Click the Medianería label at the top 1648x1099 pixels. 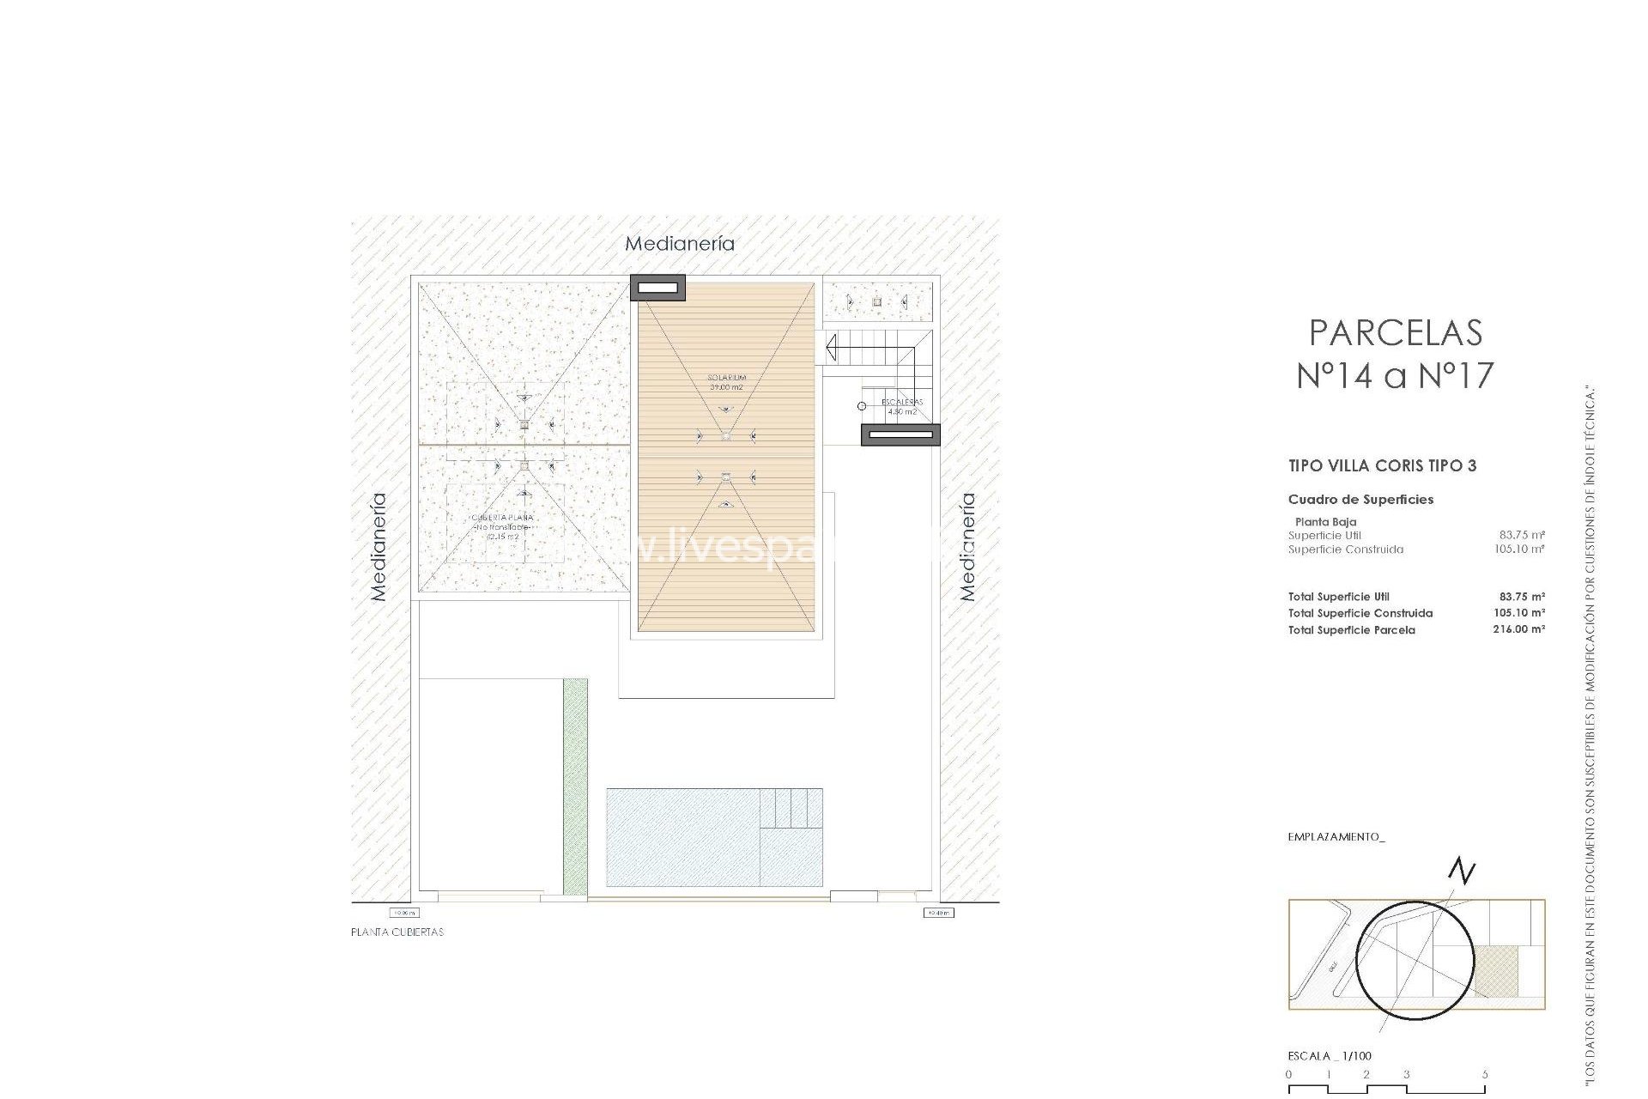679,244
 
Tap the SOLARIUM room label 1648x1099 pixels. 726,378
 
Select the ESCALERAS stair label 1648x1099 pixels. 901,402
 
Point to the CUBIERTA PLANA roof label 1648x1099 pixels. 502,518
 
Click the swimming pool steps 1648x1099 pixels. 791,808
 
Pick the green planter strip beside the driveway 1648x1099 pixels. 575,786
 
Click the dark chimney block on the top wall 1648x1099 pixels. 657,288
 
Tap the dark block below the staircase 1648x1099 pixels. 900,435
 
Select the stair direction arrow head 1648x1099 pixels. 830,348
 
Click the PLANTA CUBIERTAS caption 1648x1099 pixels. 397,932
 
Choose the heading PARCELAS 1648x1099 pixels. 1395,333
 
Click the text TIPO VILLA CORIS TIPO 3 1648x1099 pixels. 1382,466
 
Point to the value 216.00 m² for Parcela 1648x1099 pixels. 1518,629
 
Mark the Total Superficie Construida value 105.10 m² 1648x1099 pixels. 1518,613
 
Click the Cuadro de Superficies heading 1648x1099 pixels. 1360,500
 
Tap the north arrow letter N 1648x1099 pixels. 1462,871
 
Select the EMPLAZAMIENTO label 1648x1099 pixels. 1336,837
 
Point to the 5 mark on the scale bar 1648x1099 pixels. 1484,1074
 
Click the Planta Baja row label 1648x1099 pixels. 1325,522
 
